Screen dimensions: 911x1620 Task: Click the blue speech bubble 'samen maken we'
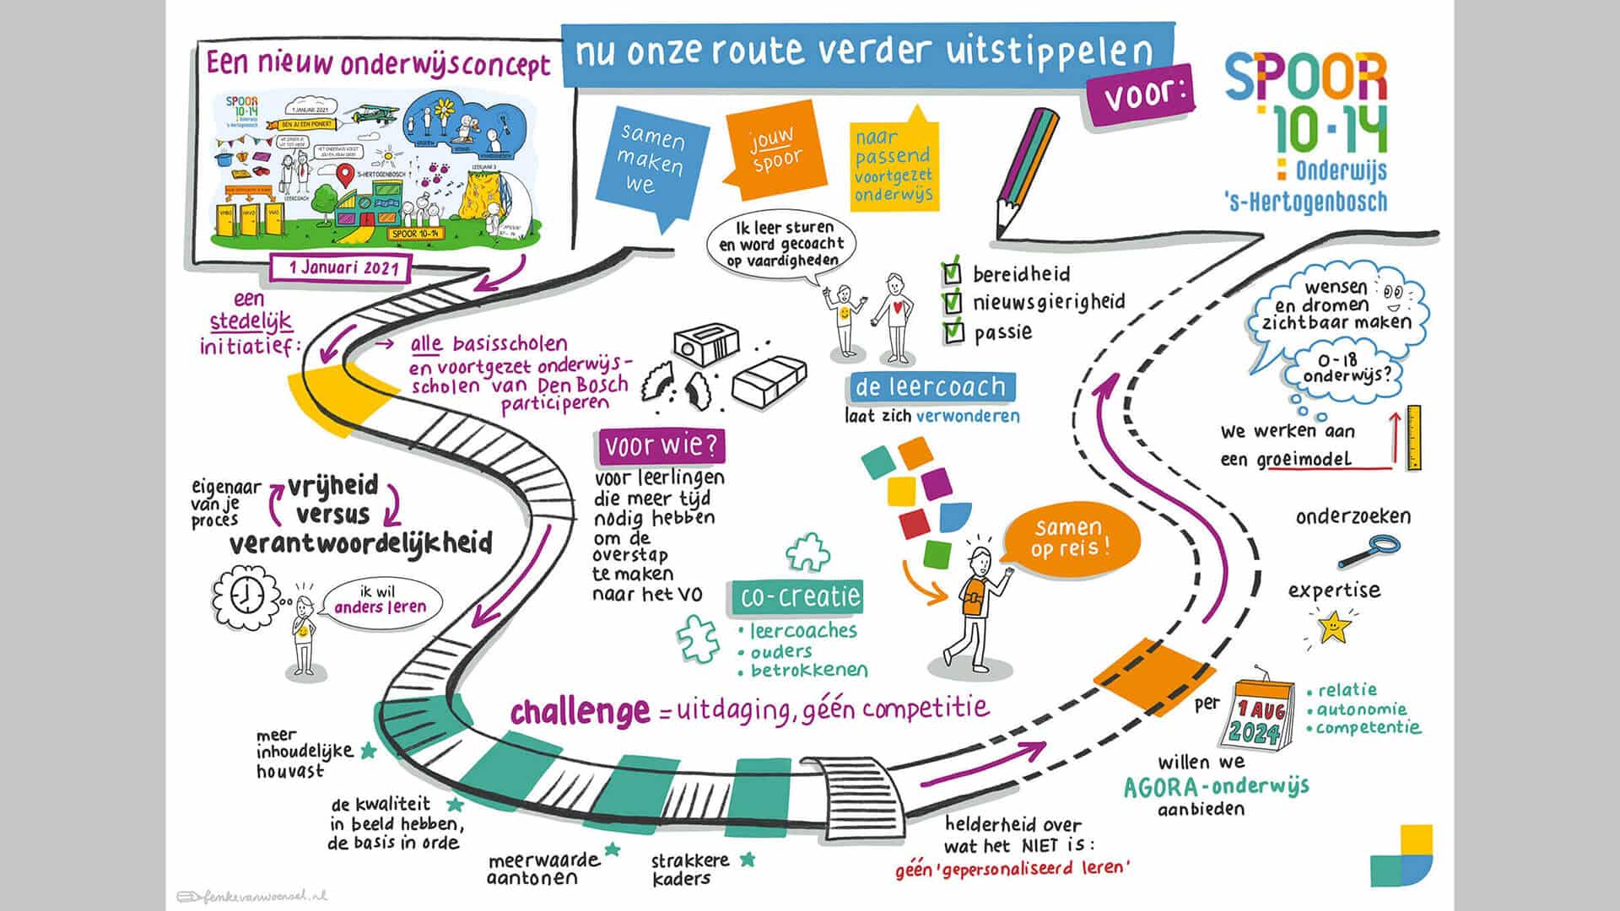(650, 160)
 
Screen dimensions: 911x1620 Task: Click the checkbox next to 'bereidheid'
(952, 274)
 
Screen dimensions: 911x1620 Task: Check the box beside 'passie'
(953, 332)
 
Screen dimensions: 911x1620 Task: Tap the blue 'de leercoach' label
(931, 387)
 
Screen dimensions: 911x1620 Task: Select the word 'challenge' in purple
(580, 711)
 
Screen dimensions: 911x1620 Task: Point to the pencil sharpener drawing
(706, 347)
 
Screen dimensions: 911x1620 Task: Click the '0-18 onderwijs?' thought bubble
(1345, 369)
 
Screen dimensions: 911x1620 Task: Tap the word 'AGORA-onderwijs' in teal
(1216, 787)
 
